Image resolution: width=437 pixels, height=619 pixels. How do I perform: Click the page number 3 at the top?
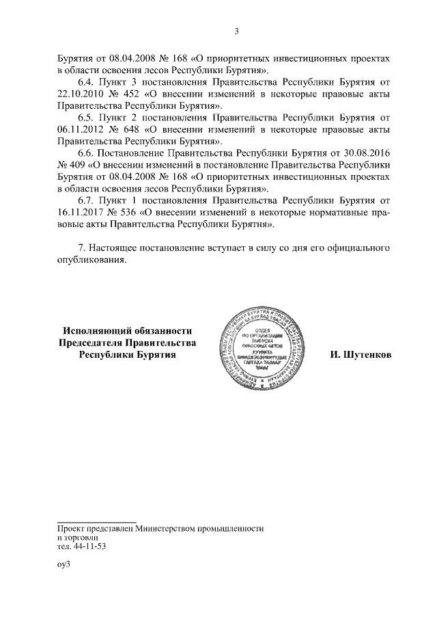click(236, 31)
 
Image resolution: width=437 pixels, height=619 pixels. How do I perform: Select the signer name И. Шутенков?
click(361, 356)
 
